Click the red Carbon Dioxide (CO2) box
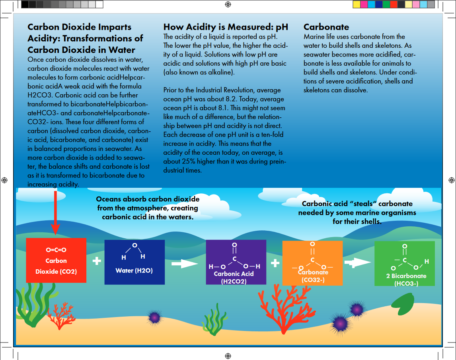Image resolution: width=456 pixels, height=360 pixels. pyautogui.click(x=56, y=260)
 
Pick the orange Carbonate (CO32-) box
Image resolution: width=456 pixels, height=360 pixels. pyautogui.click(x=312, y=263)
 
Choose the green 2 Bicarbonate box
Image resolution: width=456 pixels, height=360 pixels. pyautogui.click(x=404, y=263)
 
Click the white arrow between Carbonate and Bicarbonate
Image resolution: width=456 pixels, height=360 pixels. pyautogui.click(x=358, y=263)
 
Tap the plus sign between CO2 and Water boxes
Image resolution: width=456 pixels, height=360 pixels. pyautogui.click(x=96, y=261)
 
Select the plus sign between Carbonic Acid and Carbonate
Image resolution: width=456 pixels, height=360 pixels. pyautogui.click(x=275, y=263)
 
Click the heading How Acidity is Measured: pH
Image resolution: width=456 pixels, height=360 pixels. pyautogui.click(x=226, y=27)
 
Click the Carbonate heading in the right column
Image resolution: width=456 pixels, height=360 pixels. pyautogui.click(x=326, y=27)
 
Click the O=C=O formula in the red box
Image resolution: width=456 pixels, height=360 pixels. pyautogui.click(x=56, y=250)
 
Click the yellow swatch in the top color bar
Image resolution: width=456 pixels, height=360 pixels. pyautogui.click(x=357, y=4)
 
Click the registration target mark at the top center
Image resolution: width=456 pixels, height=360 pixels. pyautogui.click(x=228, y=4)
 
